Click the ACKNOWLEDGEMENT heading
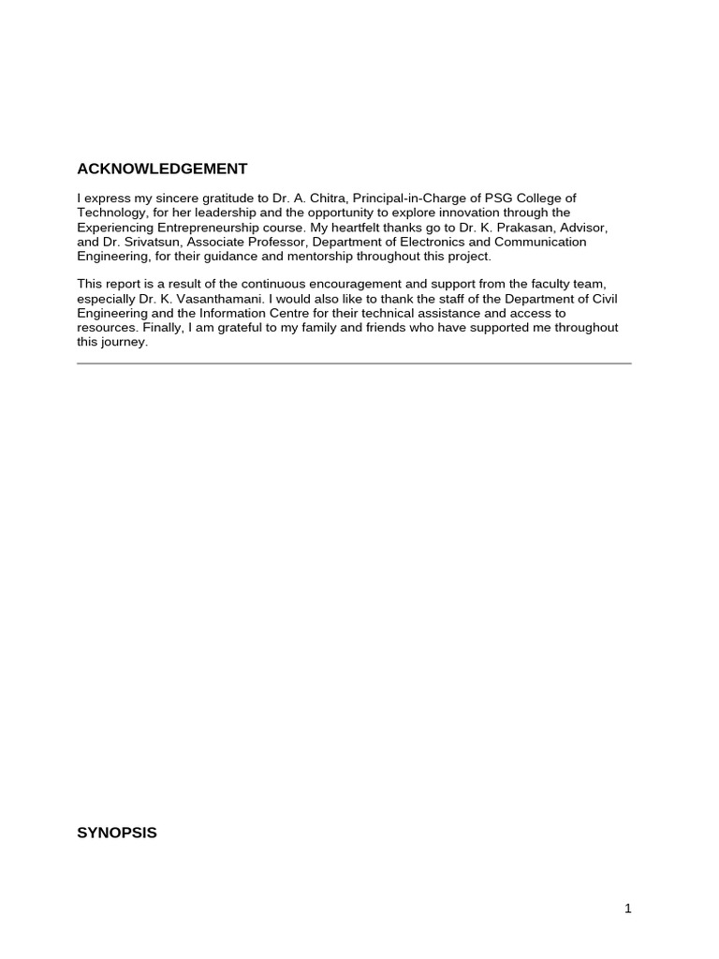pos(162,170)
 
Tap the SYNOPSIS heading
pos(117,832)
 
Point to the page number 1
pos(628,907)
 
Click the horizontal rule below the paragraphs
pos(354,363)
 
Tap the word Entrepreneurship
pos(208,228)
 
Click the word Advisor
pos(584,228)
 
